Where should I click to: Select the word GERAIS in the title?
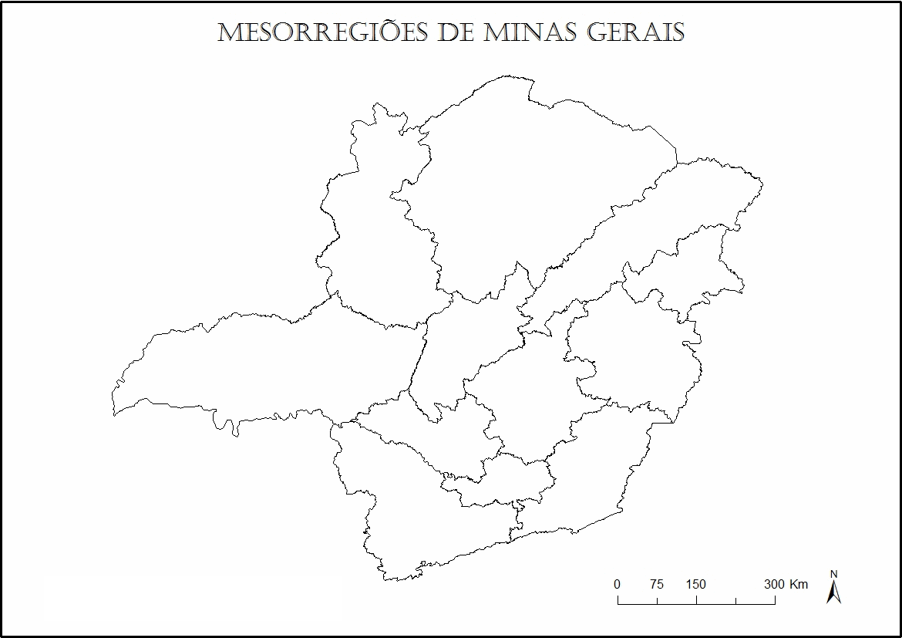coord(635,33)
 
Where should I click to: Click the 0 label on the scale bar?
coord(617,584)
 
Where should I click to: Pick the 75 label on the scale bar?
coord(656,584)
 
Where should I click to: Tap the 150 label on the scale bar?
coord(695,584)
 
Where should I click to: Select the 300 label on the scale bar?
coord(775,584)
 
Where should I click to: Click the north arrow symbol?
coord(833,592)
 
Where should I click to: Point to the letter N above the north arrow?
coord(833,574)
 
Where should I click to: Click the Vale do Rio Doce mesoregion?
coord(632,355)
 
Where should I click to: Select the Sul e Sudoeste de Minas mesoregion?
coord(432,525)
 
